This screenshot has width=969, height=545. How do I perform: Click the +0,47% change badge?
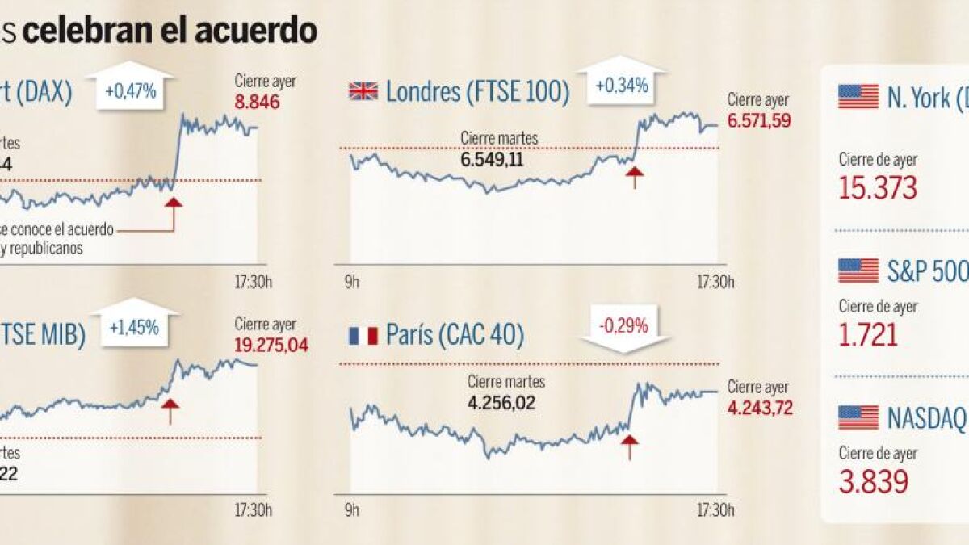point(129,92)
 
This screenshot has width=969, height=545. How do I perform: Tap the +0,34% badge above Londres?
point(622,85)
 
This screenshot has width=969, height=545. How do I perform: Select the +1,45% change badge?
point(134,327)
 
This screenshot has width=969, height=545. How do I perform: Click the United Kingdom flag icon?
point(363,90)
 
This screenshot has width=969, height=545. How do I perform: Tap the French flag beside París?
point(363,335)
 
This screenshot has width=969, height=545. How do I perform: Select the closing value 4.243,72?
point(759,408)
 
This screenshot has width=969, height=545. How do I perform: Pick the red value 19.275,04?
point(271,345)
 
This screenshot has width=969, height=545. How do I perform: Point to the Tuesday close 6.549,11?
point(493,159)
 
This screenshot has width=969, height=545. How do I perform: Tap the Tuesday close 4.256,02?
point(501,403)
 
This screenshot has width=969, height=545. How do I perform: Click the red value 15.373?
point(878,188)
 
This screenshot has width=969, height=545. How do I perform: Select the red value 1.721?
point(868,334)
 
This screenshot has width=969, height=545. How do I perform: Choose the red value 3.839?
point(874,482)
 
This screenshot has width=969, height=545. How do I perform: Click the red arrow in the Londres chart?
point(634,175)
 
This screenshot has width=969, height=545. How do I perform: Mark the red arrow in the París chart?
point(629,445)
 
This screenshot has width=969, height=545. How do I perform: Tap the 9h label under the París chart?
point(351,510)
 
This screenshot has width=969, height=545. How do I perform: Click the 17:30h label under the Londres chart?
point(715,283)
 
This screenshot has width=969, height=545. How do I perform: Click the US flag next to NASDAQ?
point(858,417)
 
